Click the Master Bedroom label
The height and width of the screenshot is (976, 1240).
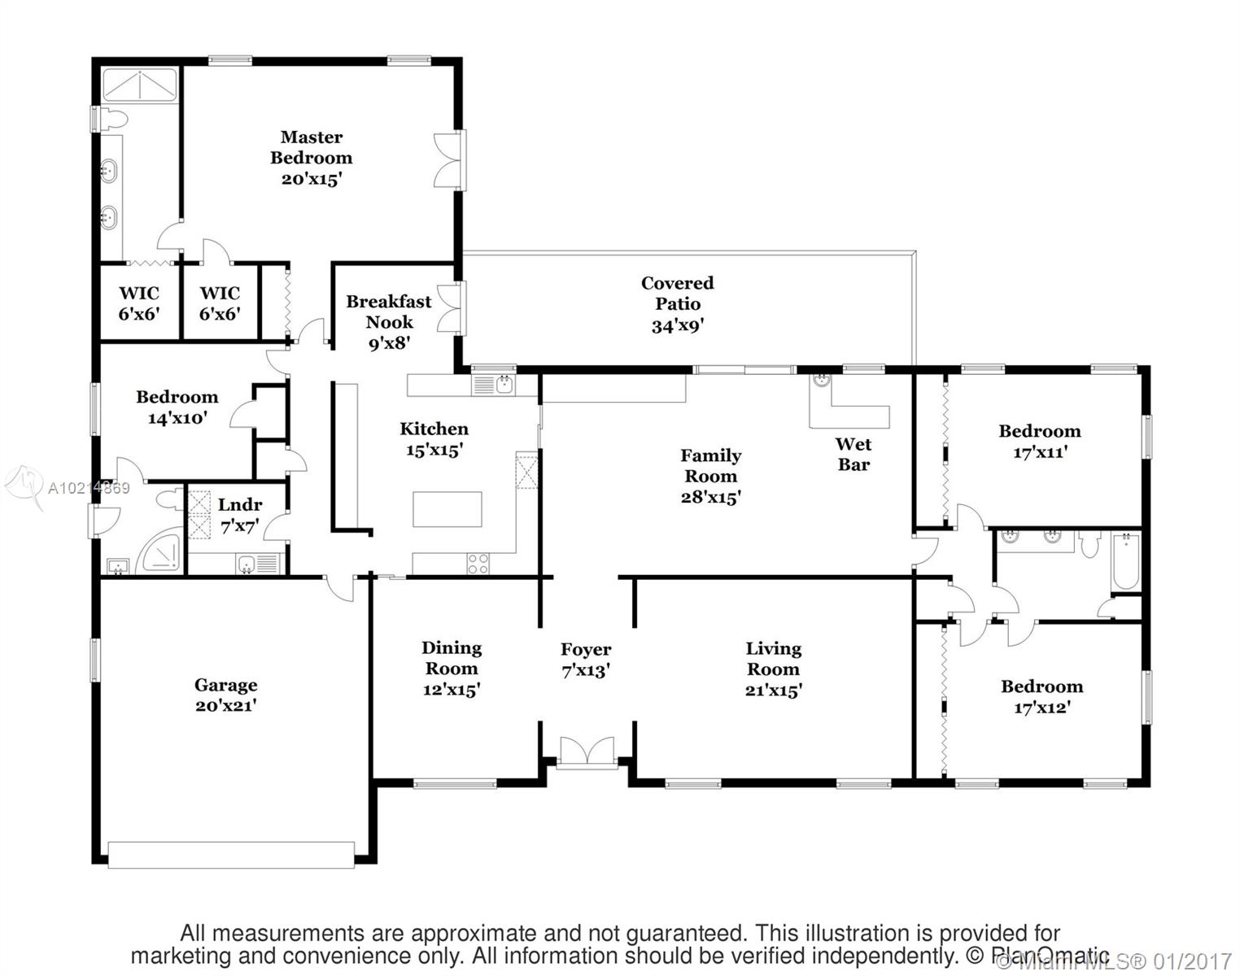[x=311, y=147]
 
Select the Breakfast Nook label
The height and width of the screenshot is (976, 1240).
[x=389, y=312]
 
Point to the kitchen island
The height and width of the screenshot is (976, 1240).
[x=447, y=510]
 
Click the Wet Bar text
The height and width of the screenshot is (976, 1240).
[x=853, y=454]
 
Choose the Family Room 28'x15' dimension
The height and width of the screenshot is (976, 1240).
[x=710, y=497]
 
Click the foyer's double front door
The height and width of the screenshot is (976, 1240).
[x=586, y=751]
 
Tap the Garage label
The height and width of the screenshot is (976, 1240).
[x=225, y=685]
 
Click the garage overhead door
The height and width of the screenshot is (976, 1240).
[x=231, y=854]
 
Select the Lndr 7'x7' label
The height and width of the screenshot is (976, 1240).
[x=240, y=515]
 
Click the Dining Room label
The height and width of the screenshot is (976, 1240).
[x=452, y=658]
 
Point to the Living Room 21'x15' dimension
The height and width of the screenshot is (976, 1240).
[x=773, y=691]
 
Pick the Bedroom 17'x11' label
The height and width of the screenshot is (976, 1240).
[x=1040, y=441]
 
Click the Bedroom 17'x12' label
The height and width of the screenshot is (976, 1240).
[x=1041, y=696]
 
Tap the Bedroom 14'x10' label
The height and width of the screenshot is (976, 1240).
[x=177, y=407]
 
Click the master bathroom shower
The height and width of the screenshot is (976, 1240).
[x=139, y=86]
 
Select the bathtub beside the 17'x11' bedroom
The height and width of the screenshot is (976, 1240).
[x=1126, y=560]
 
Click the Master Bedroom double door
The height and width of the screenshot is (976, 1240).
[x=449, y=160]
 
